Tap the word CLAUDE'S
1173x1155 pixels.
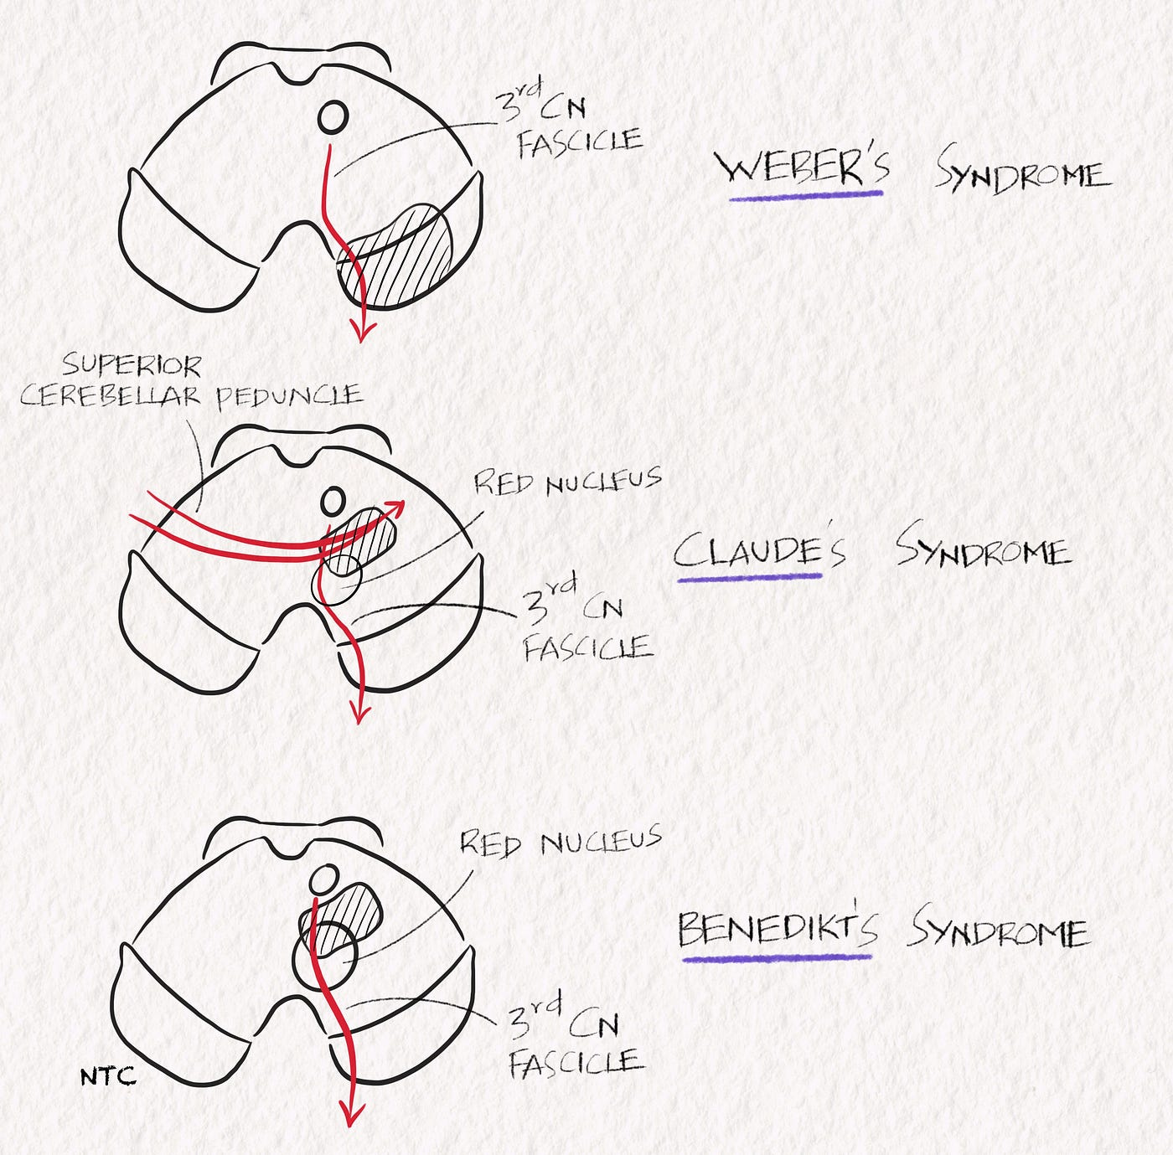click(759, 550)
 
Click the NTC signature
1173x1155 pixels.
click(107, 1076)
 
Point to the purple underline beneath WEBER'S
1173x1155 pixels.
click(806, 196)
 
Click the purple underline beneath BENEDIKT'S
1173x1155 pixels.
click(776, 956)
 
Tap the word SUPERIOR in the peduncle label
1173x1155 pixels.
click(132, 366)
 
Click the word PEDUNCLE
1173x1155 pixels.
click(289, 396)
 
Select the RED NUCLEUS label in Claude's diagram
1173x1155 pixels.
click(567, 482)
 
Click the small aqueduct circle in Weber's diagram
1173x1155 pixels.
click(333, 116)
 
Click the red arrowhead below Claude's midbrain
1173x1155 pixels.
click(359, 713)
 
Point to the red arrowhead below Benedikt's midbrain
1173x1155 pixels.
click(352, 1114)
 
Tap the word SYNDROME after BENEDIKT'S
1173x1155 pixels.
click(1000, 930)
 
